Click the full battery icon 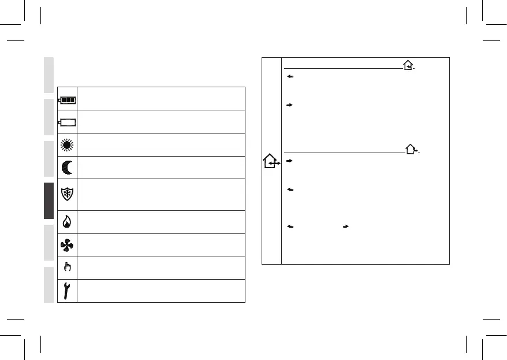tap(67, 99)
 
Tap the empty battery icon tap(67, 122)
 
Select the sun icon tap(67, 144)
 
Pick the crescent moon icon tap(67, 168)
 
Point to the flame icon tap(67, 222)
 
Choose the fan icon tap(67, 245)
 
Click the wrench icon tap(67, 291)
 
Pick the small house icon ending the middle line tap(411, 150)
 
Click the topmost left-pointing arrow tap(289, 77)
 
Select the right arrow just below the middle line tap(289, 161)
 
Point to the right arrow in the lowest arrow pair tap(345, 227)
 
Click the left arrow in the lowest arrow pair tap(289, 227)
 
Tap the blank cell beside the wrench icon tap(161, 291)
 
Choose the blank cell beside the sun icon tap(161, 144)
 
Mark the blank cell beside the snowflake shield tap(161, 195)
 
